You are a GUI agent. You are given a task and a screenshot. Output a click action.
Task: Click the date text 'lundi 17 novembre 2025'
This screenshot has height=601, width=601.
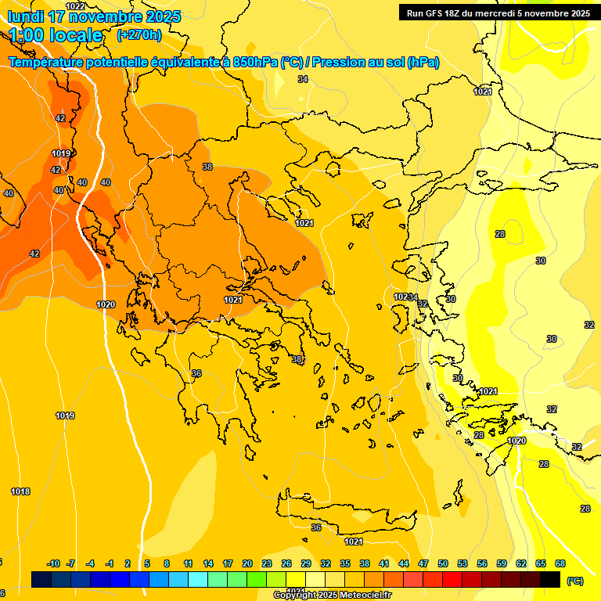click(94, 16)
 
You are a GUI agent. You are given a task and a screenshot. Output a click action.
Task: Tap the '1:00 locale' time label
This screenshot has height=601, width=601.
click(56, 35)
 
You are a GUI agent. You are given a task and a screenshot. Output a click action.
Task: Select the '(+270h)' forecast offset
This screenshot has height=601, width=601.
click(139, 35)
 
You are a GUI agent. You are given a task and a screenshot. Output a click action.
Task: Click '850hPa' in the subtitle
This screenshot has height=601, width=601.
click(256, 62)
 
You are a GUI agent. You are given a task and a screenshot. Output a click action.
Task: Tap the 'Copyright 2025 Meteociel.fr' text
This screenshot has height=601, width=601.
click(332, 596)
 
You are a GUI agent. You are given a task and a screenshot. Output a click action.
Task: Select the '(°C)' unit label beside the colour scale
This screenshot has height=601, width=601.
click(574, 581)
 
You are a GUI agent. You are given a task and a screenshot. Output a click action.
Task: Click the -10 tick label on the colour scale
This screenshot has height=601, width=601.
click(54, 563)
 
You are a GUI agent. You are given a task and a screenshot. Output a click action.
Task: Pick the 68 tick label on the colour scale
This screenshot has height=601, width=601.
click(560, 563)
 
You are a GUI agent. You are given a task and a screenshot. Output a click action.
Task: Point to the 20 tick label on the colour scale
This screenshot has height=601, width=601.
click(247, 563)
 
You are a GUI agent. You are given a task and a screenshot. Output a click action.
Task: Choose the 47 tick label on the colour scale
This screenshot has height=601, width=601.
click(423, 563)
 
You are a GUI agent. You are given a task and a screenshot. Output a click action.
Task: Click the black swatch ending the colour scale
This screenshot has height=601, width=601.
click(550, 579)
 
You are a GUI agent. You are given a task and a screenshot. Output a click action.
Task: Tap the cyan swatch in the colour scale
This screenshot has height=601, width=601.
click(198, 579)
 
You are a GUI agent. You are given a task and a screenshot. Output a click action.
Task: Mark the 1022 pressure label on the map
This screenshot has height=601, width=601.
click(75, 6)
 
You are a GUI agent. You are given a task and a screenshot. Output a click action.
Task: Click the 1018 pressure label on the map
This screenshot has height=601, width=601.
click(20, 491)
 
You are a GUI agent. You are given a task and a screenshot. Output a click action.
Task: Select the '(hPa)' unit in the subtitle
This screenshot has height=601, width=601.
click(423, 62)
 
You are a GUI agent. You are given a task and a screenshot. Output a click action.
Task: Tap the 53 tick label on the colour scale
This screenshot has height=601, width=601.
click(462, 563)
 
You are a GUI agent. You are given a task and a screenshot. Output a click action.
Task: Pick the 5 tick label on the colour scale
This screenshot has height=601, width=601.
click(147, 563)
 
